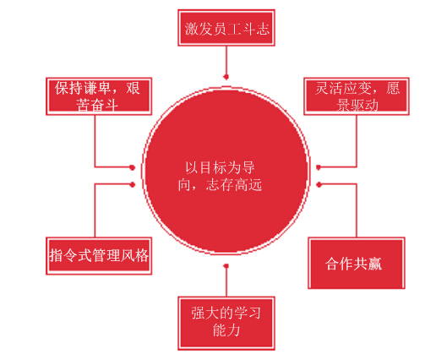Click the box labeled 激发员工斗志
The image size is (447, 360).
tap(226, 28)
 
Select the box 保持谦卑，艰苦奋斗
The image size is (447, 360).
tap(99, 96)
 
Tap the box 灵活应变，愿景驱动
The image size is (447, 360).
tap(357, 96)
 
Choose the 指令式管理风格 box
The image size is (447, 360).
tap(99, 256)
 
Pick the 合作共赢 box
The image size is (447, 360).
tap(357, 263)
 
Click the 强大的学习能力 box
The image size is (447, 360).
tap(226, 323)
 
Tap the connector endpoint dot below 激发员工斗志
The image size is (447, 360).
tap(226, 77)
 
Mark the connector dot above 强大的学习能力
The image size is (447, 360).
tap(226, 266)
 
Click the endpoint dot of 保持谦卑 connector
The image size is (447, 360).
tap(133, 167)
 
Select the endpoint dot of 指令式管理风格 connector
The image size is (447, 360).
tap(133, 185)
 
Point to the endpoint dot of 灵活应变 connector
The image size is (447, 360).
tap(319, 167)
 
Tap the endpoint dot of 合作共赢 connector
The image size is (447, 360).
tap(319, 185)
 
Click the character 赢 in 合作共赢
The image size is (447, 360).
tap(375, 264)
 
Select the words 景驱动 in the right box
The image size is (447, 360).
tap(357, 105)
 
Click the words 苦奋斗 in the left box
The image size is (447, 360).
tap(97, 105)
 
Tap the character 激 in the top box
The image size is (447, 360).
tap(192, 29)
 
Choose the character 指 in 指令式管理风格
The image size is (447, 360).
tap(56, 255)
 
